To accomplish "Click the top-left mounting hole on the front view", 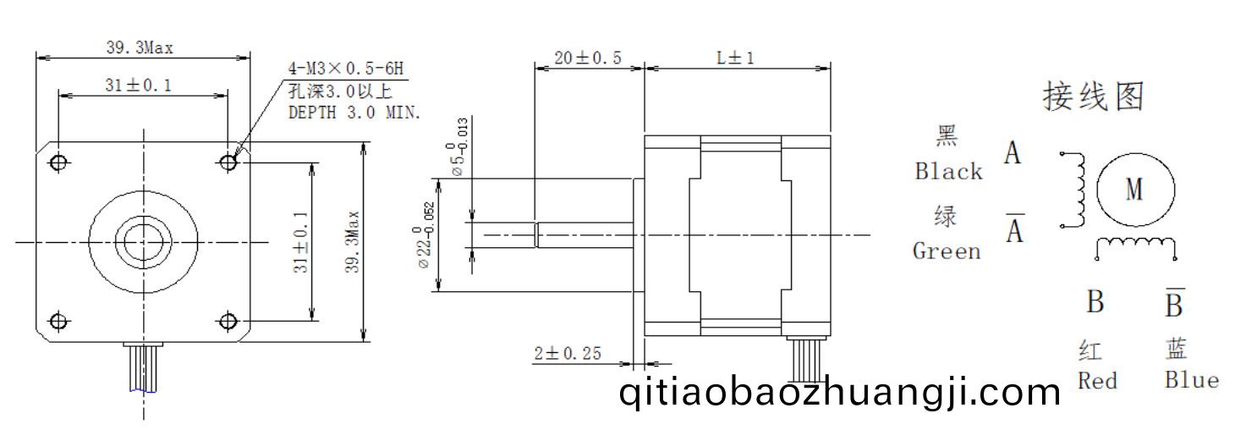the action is (x=58, y=163).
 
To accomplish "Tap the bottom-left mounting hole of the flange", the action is (x=58, y=321).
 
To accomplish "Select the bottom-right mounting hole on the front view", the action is (x=228, y=321).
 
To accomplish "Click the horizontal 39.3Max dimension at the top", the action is (x=140, y=47).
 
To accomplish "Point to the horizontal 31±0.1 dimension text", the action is (x=139, y=85).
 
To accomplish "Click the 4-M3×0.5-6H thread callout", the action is (x=346, y=69).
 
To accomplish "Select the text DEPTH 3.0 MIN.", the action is (x=354, y=113).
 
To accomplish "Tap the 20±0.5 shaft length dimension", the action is (x=588, y=58).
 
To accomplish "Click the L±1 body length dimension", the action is (x=735, y=58).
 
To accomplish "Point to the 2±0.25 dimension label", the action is (x=568, y=353).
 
